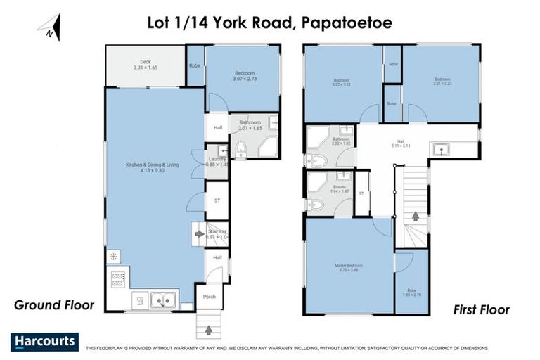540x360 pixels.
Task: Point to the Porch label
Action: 209,296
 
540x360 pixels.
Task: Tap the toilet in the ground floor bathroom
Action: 241,148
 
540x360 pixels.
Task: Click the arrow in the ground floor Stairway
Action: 200,233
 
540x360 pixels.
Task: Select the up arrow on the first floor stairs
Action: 415,216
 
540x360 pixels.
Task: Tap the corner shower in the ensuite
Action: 315,181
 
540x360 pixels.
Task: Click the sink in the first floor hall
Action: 442,148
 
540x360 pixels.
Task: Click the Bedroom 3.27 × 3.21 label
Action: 342,82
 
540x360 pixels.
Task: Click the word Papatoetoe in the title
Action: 347,22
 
